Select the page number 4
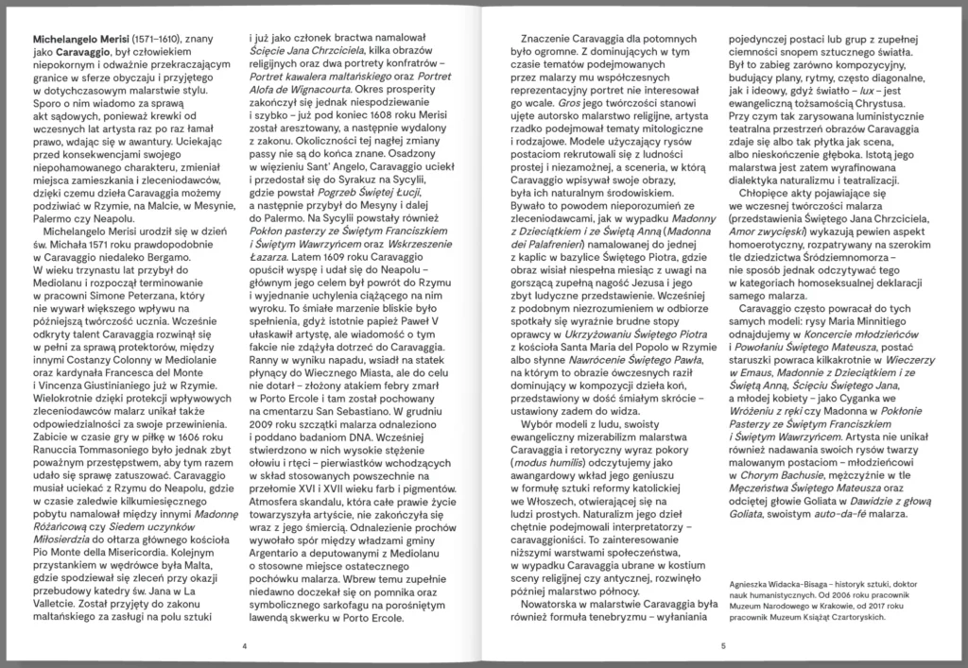(x=244, y=646)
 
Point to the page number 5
(x=721, y=646)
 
